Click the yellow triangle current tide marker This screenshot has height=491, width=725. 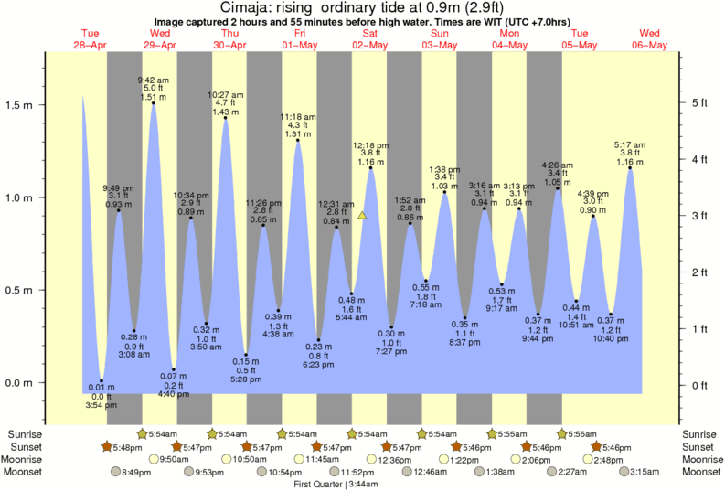(363, 216)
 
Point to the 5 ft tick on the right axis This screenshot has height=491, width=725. (699, 102)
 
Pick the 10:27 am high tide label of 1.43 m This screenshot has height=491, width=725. (225, 102)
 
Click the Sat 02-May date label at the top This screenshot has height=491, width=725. (370, 39)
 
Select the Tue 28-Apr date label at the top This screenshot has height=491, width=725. (90, 39)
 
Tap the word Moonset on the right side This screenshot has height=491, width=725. (700, 472)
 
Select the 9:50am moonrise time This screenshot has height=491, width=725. (174, 459)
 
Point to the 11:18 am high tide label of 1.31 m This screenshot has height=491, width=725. (297, 124)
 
